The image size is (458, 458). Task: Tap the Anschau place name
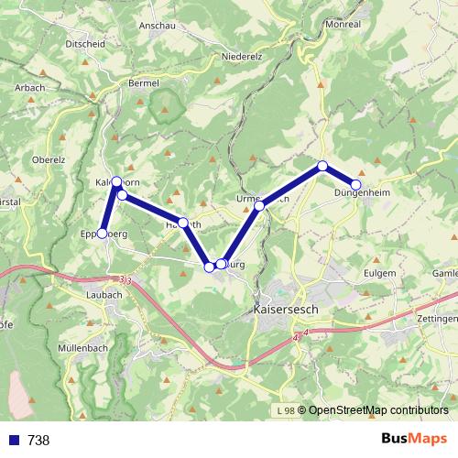click(157, 26)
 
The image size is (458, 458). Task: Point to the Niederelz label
click(243, 56)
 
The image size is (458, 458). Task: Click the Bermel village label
click(144, 82)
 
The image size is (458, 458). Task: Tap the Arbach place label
click(30, 87)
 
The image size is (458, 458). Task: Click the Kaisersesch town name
click(284, 310)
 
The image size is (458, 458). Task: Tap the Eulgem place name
click(378, 273)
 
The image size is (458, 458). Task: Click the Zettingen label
click(437, 318)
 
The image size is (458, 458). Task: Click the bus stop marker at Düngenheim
click(356, 184)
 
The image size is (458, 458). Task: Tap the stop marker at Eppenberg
click(103, 234)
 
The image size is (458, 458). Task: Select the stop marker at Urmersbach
click(260, 206)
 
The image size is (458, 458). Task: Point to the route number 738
click(38, 440)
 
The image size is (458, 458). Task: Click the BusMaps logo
click(413, 439)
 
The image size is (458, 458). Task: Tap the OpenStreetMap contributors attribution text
click(373, 409)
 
